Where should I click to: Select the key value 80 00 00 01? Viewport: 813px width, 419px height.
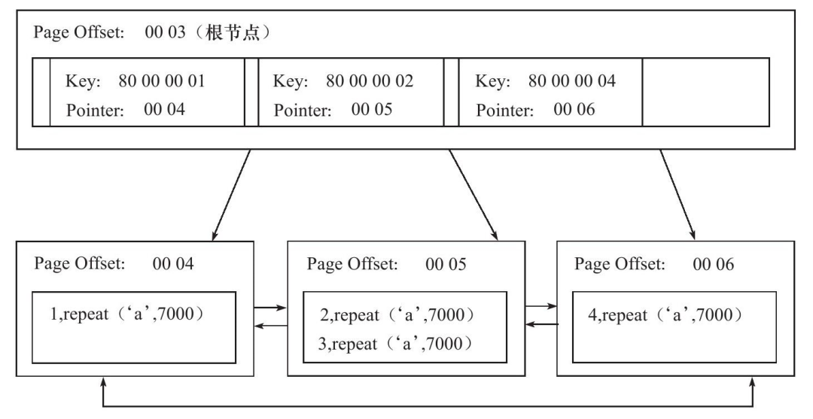(x=162, y=81)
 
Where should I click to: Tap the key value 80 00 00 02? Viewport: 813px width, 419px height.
(x=370, y=81)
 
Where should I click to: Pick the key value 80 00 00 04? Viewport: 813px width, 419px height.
(x=572, y=81)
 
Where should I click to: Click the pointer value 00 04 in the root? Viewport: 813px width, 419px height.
(x=164, y=110)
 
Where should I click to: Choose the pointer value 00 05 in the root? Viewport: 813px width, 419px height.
(x=372, y=110)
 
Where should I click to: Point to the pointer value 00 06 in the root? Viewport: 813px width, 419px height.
(x=574, y=110)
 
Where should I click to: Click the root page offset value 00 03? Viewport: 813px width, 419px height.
(x=165, y=32)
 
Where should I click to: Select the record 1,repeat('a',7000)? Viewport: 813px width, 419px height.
(x=127, y=314)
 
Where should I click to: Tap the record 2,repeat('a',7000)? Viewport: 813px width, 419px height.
(x=397, y=315)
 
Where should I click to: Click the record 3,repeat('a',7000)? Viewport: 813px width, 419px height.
(x=396, y=344)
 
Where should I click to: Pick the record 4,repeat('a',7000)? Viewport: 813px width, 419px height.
(x=665, y=315)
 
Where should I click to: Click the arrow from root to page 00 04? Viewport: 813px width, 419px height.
(x=231, y=196)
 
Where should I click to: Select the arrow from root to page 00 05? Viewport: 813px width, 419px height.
(x=473, y=196)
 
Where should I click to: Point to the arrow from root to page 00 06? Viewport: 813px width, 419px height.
(x=677, y=195)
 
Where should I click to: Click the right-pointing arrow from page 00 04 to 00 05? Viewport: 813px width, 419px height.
(x=270, y=308)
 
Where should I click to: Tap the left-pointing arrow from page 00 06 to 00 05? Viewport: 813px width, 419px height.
(x=541, y=324)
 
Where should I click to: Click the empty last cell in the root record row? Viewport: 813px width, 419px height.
(x=705, y=93)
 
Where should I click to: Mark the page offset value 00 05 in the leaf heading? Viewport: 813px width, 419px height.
(x=446, y=264)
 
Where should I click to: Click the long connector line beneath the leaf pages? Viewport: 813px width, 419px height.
(x=428, y=406)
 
